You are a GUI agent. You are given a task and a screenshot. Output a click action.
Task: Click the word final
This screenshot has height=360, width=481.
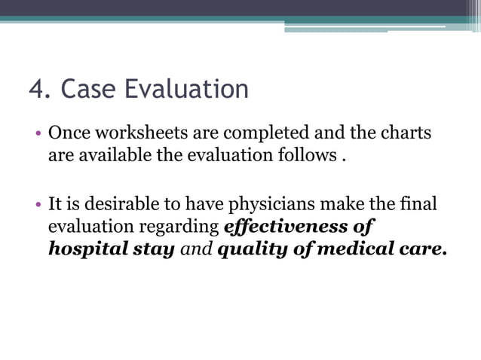(421, 204)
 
